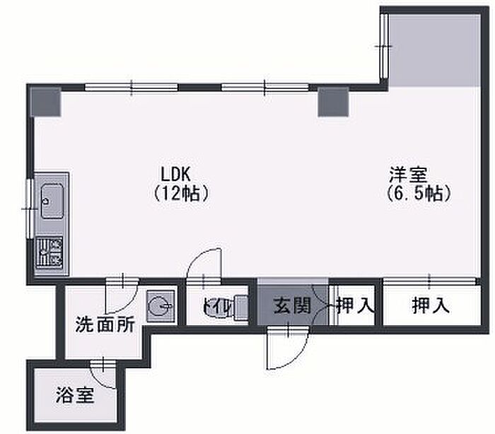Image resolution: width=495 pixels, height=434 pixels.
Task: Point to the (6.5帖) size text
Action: (x=419, y=192)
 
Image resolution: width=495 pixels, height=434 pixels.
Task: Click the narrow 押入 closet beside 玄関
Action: (x=354, y=306)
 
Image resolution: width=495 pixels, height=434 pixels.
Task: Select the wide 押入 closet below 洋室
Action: (x=430, y=305)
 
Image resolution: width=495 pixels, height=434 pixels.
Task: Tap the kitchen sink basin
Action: (x=51, y=202)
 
